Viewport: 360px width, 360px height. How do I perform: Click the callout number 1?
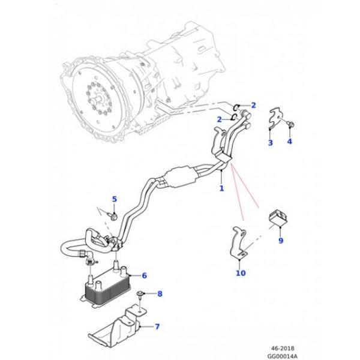click(x=221, y=188)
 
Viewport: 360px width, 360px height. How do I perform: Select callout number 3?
click(x=270, y=143)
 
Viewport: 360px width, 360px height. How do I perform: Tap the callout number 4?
click(x=289, y=142)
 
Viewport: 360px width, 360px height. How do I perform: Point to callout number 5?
click(x=114, y=199)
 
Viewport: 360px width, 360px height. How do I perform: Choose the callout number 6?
click(x=144, y=275)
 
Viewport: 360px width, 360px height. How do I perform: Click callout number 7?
click(x=157, y=326)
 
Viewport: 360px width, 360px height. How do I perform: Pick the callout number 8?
click(x=160, y=293)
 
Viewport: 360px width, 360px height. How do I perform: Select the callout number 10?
click(x=241, y=274)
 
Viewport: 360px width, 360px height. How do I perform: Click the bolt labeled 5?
click(x=112, y=214)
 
